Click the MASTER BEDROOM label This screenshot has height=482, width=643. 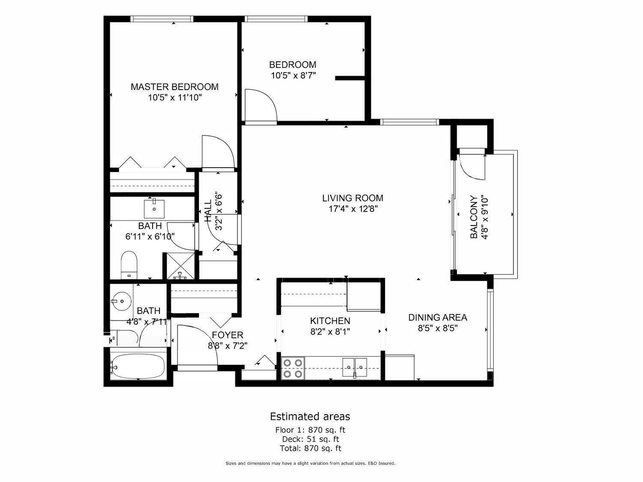pyautogui.click(x=174, y=87)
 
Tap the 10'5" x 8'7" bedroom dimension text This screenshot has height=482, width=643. pyautogui.click(x=293, y=75)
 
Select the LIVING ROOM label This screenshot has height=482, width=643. pyautogui.click(x=353, y=198)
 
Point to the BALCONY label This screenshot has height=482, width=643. pyautogui.click(x=474, y=217)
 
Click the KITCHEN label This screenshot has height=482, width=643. pyautogui.click(x=330, y=321)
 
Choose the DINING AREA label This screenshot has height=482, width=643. pyautogui.click(x=438, y=317)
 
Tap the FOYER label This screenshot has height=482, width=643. pyautogui.click(x=228, y=335)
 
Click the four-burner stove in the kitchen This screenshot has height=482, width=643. pyautogui.click(x=293, y=368)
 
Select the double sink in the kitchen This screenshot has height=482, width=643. pyautogui.click(x=355, y=368)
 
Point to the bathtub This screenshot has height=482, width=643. pyautogui.click(x=138, y=366)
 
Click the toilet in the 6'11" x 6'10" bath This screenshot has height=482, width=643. pyautogui.click(x=129, y=265)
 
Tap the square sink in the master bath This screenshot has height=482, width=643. pyautogui.click(x=154, y=209)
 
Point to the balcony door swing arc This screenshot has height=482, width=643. pyautogui.click(x=472, y=167)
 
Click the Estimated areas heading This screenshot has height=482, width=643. pyautogui.click(x=310, y=416)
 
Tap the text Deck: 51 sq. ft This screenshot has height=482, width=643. pyautogui.click(x=310, y=439)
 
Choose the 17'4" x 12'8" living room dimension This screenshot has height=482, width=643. pyautogui.click(x=353, y=209)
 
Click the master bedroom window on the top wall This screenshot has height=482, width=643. pyautogui.click(x=162, y=19)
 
